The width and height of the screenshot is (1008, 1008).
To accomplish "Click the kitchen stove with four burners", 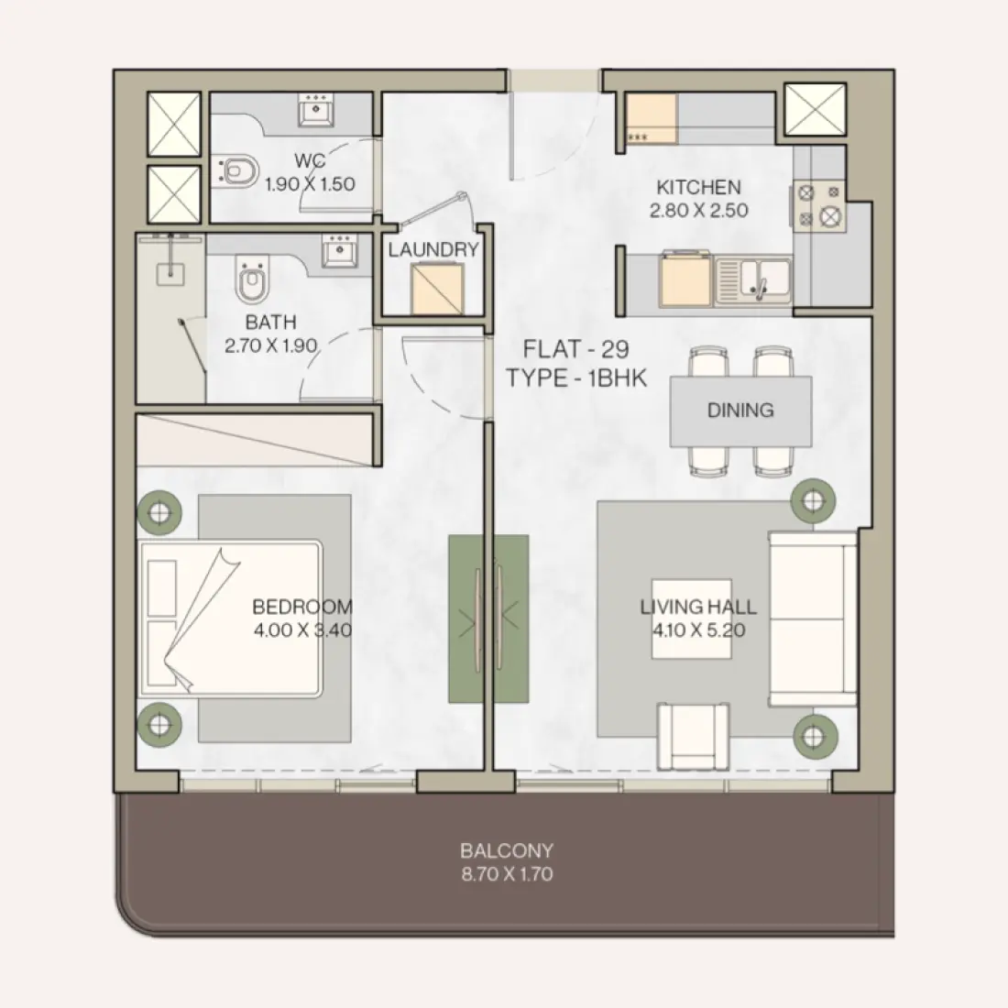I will [818, 205].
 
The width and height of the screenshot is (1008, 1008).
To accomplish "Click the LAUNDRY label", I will [433, 249].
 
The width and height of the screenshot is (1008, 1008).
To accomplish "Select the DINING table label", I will [740, 411].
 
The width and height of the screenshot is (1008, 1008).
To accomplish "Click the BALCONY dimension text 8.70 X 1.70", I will [507, 874].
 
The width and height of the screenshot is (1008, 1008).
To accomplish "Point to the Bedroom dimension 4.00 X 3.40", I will [302, 630].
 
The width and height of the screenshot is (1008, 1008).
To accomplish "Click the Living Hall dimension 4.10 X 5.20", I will [698, 630].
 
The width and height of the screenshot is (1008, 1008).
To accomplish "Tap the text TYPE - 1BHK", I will [576, 378].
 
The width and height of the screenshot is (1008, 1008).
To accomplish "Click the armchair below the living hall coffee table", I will [695, 736].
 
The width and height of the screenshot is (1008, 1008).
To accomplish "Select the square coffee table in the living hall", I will [692, 619].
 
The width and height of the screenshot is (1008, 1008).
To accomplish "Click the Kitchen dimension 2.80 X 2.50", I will [698, 210].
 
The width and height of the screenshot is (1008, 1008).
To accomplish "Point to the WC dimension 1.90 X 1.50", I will [310, 184].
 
